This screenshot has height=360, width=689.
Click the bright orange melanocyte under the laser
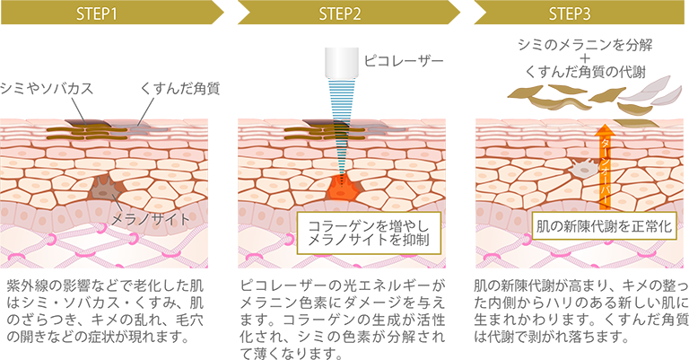point(339,189)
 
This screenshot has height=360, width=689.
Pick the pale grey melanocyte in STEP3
point(582,166)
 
